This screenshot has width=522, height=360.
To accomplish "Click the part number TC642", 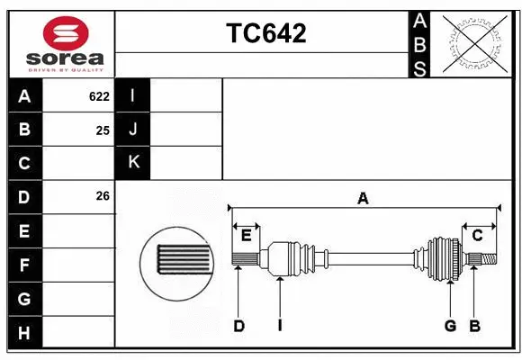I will pyautogui.click(x=265, y=33).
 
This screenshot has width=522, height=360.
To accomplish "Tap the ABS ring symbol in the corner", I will pyautogui.click(x=474, y=43).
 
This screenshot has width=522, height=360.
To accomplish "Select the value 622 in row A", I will pyautogui.click(x=99, y=96).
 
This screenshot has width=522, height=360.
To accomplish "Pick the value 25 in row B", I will pyautogui.click(x=103, y=130).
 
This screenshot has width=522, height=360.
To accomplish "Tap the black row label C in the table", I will pyautogui.click(x=24, y=163).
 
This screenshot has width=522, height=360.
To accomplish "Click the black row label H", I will pyautogui.click(x=24, y=333).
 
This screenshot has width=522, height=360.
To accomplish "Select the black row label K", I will pyautogui.click(x=133, y=162).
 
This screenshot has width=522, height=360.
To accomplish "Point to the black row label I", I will pyautogui.click(x=133, y=95).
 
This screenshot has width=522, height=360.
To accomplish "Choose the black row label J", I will pyautogui.click(x=133, y=130).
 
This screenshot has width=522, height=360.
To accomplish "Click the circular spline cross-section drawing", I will pyautogui.click(x=178, y=260).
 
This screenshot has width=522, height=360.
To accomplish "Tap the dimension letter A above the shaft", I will pyautogui.click(x=363, y=197).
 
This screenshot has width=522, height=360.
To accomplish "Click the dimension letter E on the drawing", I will pyautogui.click(x=245, y=236).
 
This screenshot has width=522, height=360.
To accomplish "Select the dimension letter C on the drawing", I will pyautogui.click(x=477, y=236).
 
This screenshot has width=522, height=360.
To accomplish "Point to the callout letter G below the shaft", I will pyautogui.click(x=450, y=326).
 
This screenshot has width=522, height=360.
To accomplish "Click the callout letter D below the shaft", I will pyautogui.click(x=238, y=326).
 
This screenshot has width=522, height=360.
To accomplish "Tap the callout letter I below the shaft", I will pyautogui.click(x=280, y=326).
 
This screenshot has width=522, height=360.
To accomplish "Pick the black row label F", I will pyautogui.click(x=24, y=265).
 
